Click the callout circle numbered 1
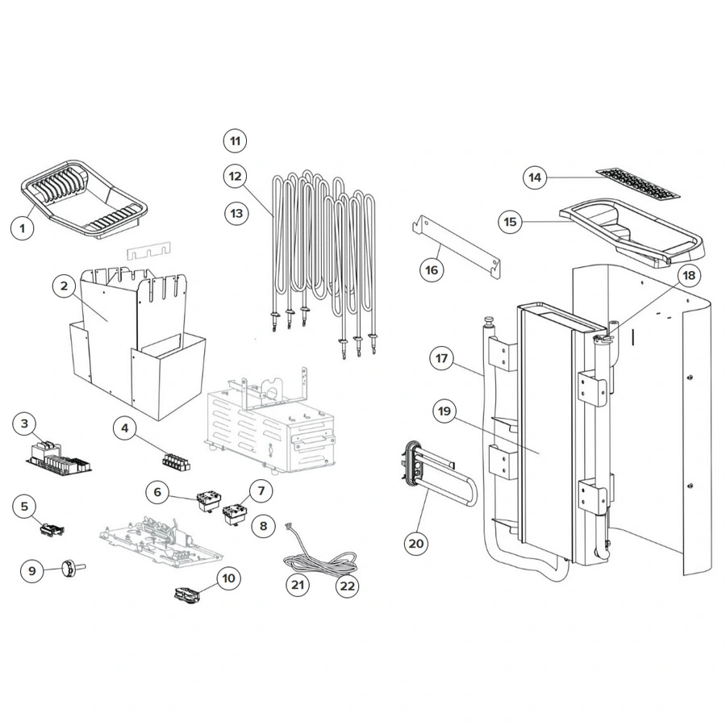(23, 228)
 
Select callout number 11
(235, 141)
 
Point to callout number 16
(432, 269)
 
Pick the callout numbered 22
(347, 586)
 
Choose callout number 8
(261, 526)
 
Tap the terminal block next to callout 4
(175, 462)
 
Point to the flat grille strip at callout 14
(637, 185)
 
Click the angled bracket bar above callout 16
(456, 243)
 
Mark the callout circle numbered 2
(64, 286)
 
